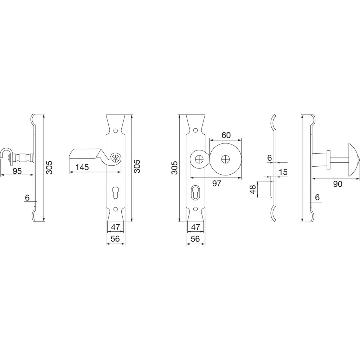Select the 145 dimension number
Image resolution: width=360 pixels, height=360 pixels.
tap(82, 167)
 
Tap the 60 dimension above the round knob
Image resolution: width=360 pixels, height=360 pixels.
tap(226, 135)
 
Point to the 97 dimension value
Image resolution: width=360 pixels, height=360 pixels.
tap(217, 183)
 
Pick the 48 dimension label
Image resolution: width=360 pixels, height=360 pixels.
tap(253, 189)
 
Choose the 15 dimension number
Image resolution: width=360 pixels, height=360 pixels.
tap(284, 172)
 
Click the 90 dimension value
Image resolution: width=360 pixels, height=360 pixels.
tap(337, 184)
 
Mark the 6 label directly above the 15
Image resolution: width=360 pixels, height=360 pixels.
tap(269, 158)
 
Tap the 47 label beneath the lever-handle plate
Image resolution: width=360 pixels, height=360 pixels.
tap(115, 227)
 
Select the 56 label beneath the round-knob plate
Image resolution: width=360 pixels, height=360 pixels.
tap(195, 239)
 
